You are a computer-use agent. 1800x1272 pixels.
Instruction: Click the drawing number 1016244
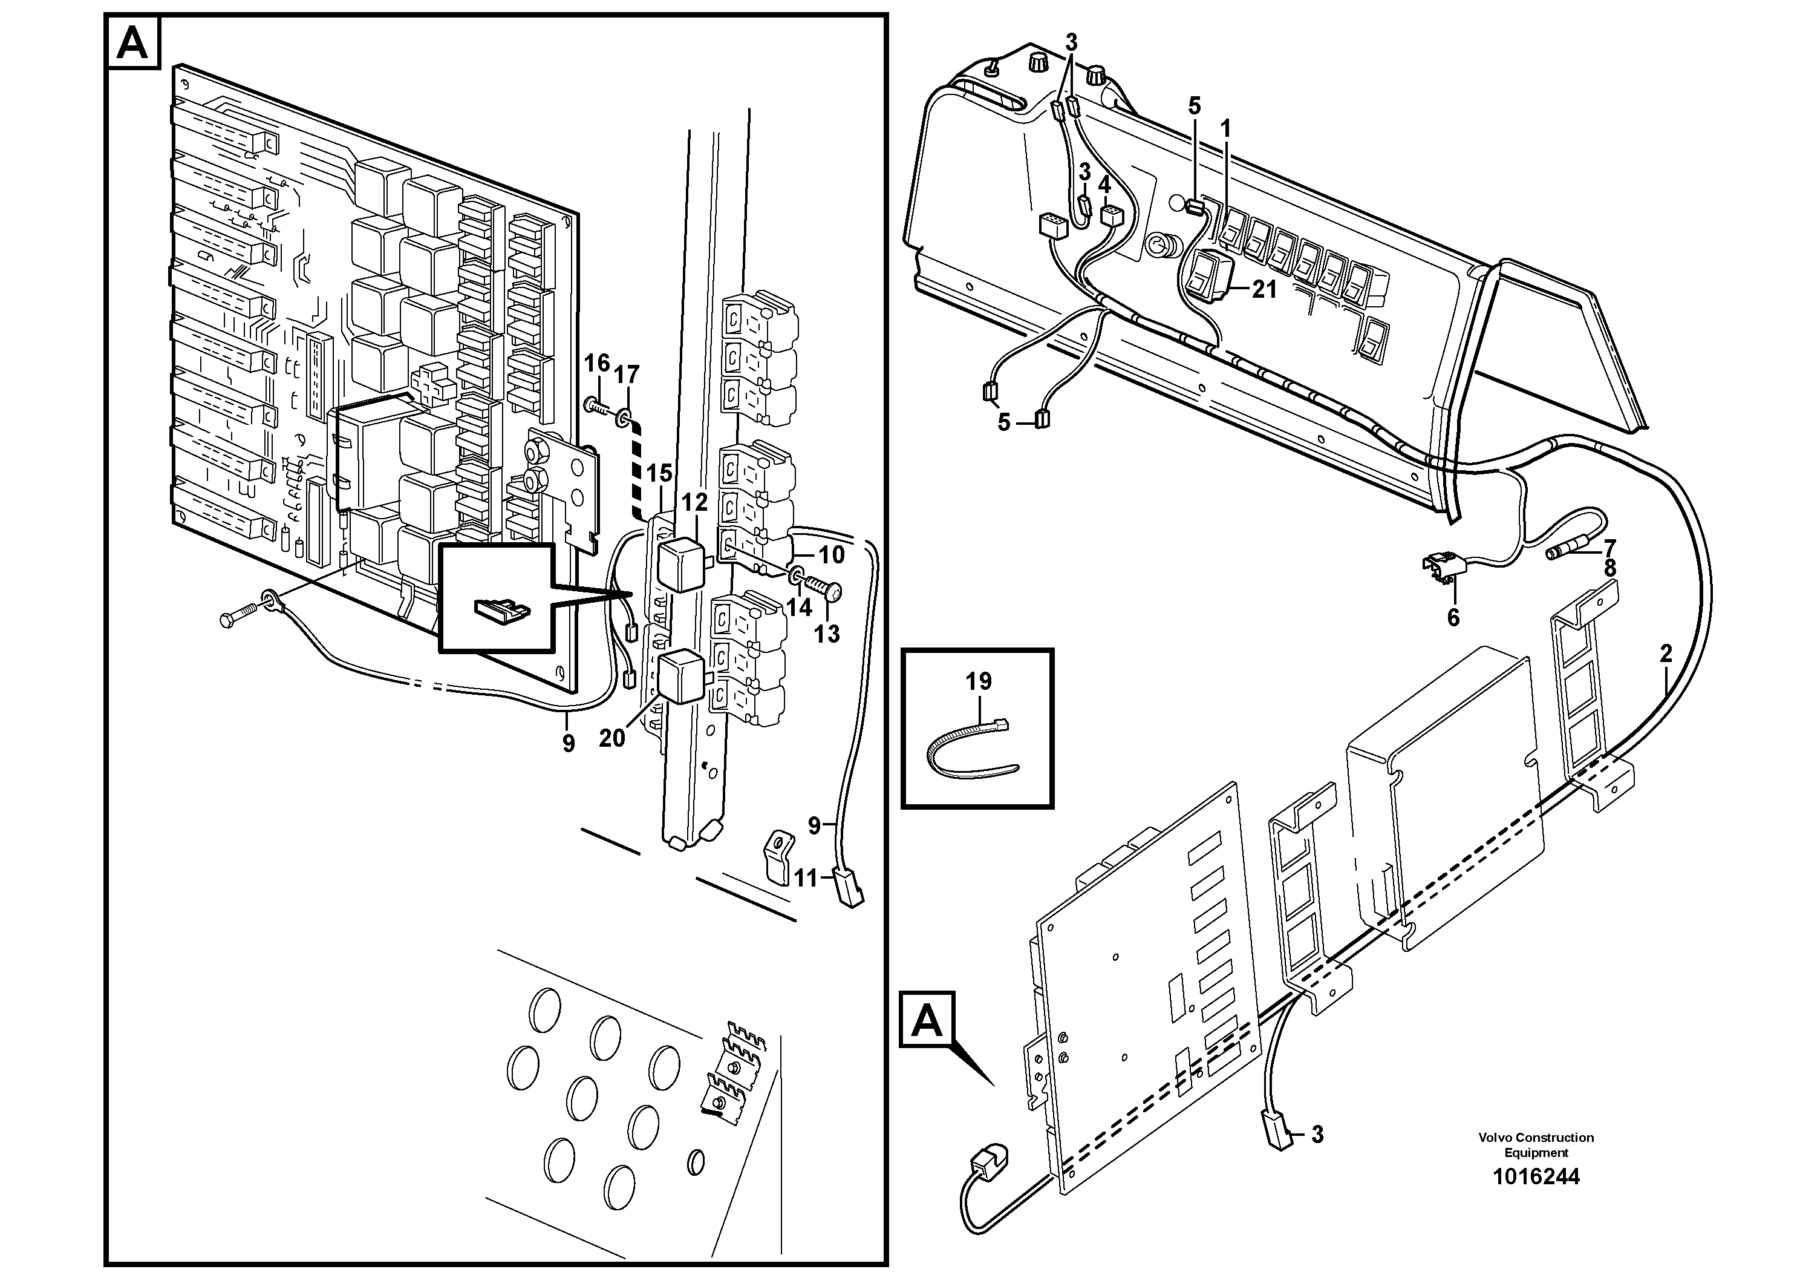click(x=1536, y=1176)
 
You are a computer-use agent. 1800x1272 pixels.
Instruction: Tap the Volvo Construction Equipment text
click(x=1536, y=1145)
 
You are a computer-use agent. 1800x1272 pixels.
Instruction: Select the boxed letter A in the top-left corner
click(x=132, y=43)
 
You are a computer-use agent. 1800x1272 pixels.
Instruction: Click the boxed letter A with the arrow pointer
click(x=927, y=1020)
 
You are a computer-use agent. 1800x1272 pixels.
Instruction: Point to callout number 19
click(x=979, y=681)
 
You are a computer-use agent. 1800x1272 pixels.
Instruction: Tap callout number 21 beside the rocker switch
click(x=1264, y=289)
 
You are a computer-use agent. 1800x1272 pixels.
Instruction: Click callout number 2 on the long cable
click(x=1665, y=654)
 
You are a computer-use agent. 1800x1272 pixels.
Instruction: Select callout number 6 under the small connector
click(x=1453, y=618)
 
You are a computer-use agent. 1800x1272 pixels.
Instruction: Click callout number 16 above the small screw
click(x=596, y=363)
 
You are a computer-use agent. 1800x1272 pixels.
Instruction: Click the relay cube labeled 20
click(x=680, y=676)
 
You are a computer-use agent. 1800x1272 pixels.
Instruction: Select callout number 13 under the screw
click(x=827, y=633)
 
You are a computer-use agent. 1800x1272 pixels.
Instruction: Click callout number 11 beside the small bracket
click(x=805, y=877)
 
